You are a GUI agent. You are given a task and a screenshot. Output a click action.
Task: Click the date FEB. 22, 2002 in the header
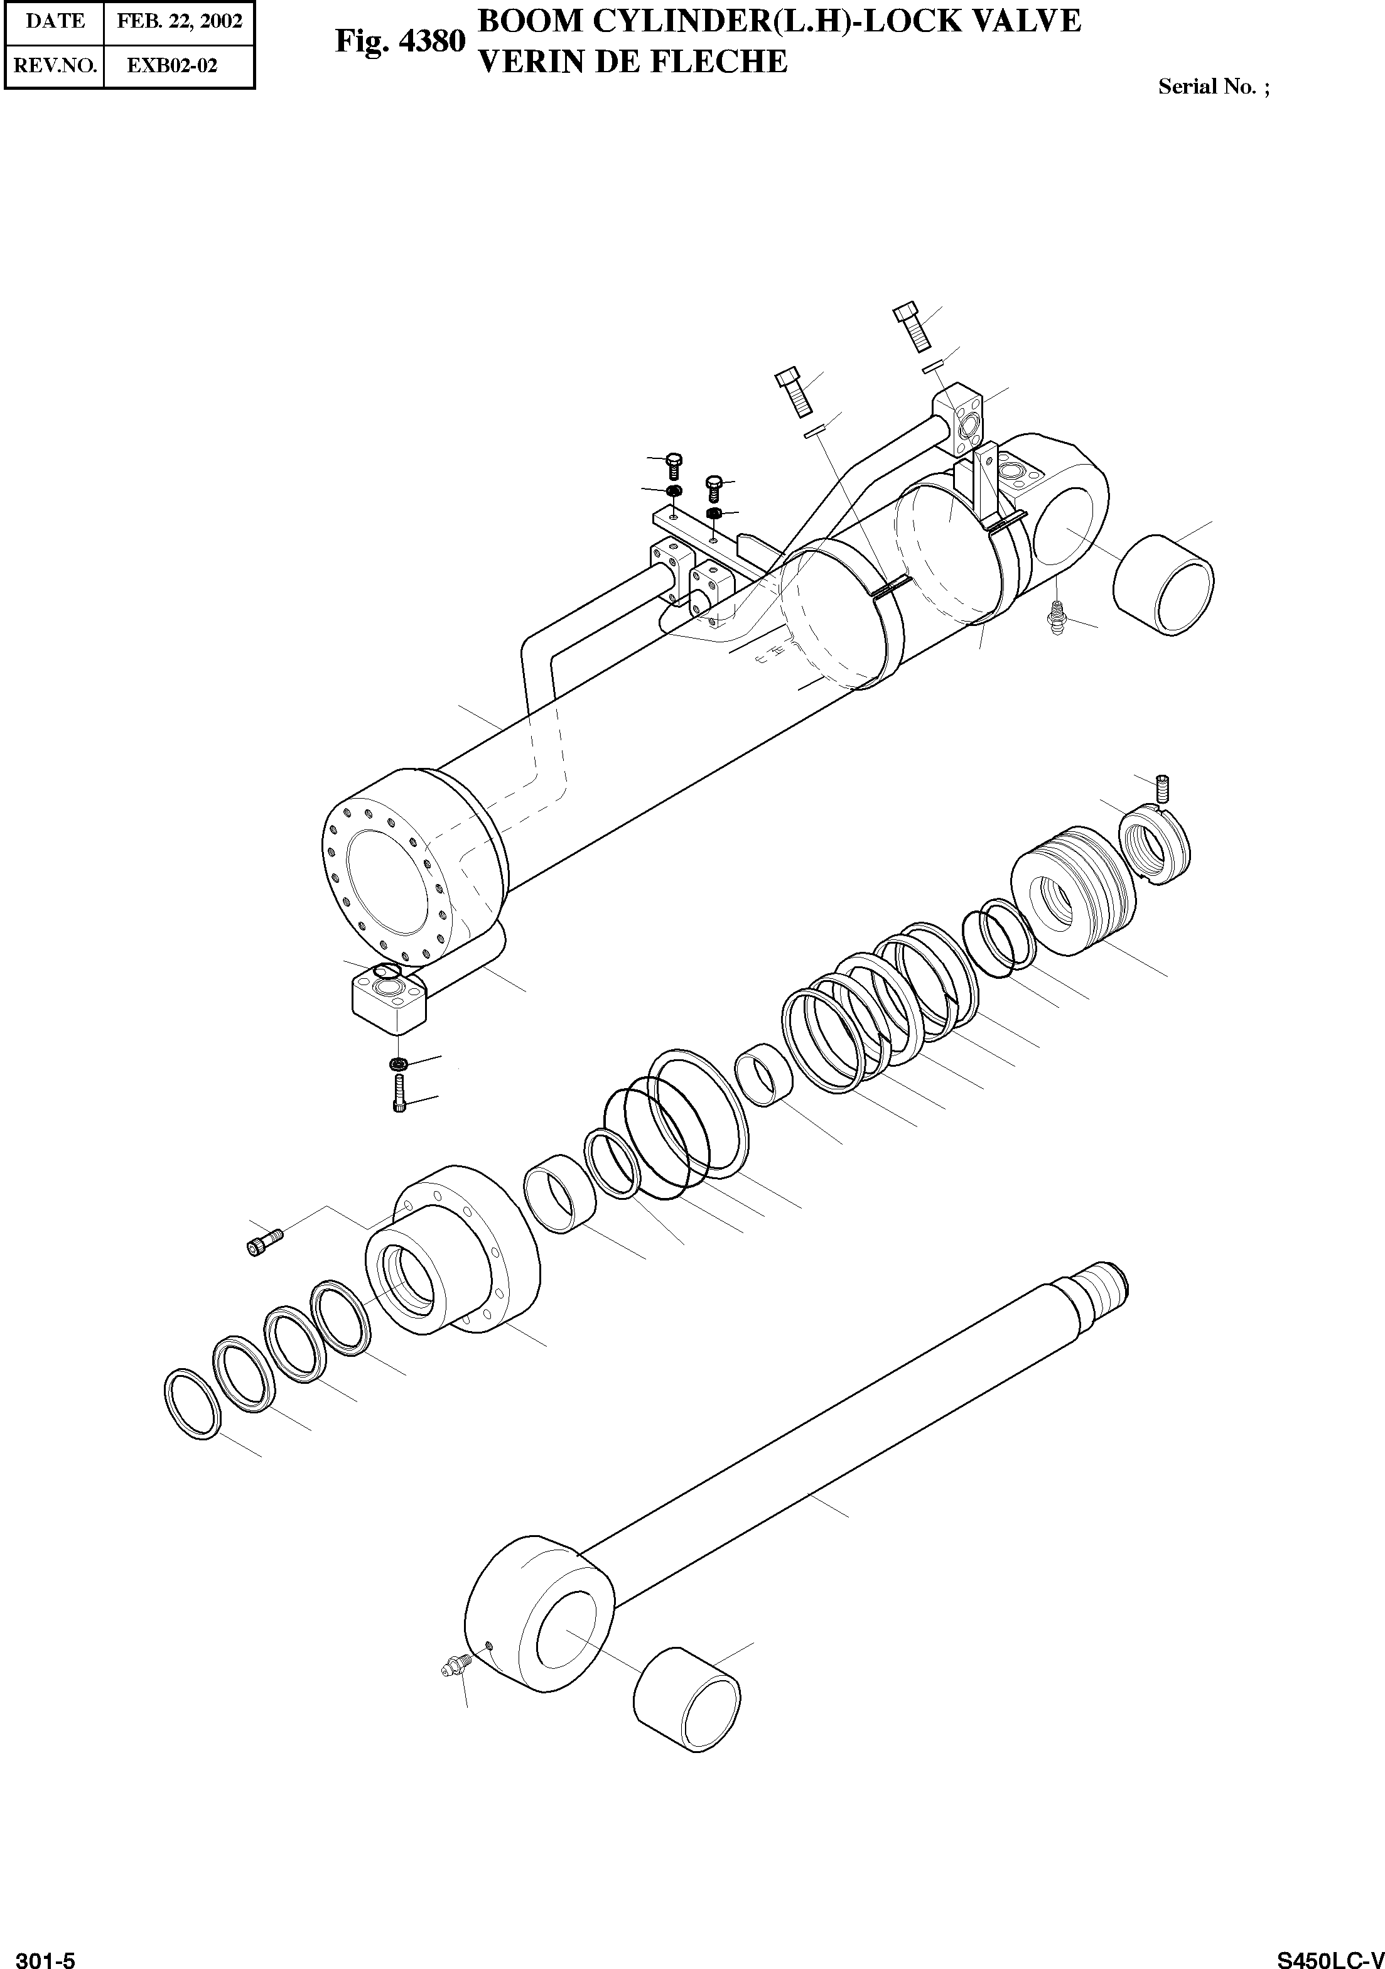pos(179,21)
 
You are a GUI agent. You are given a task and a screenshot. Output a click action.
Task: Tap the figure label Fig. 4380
pos(400,41)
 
